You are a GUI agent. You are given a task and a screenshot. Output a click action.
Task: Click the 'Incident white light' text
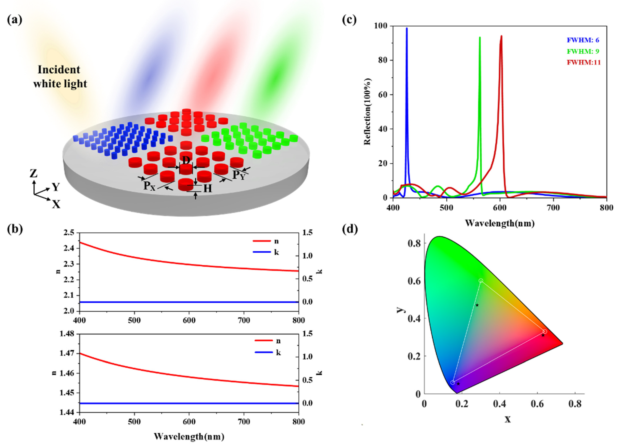pos(60,77)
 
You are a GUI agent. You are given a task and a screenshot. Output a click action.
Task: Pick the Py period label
pos(239,175)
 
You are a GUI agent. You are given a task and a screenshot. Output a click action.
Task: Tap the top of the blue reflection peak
pos(407,28)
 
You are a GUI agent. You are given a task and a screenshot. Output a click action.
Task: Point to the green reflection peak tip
pos(480,38)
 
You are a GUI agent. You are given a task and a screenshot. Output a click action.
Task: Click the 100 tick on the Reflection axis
pos(381,26)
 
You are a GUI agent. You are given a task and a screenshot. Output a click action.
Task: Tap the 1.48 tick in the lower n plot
pos(67,333)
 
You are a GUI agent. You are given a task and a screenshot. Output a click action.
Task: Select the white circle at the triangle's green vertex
pos(481,280)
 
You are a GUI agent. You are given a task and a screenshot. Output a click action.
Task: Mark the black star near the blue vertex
pos(458,384)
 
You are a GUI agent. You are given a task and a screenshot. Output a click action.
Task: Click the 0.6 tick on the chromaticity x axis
pos(537,404)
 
